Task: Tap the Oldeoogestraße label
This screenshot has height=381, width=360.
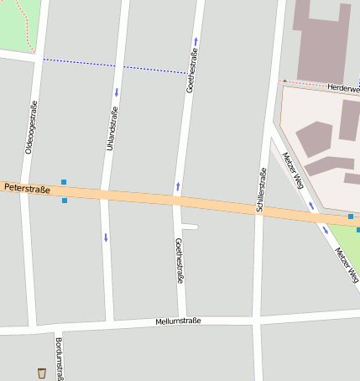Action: point(31,127)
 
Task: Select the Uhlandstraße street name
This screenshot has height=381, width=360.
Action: point(111,128)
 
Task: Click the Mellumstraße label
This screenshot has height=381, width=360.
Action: point(178,321)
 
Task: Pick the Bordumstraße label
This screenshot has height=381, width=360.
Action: point(59,358)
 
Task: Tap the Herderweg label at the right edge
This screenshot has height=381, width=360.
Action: point(344,87)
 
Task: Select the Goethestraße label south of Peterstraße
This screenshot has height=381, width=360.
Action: point(179,261)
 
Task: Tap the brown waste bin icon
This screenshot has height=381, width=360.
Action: point(41,373)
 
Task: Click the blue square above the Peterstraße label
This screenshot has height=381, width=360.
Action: point(64,181)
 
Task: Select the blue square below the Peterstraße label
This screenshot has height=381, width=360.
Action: point(65,201)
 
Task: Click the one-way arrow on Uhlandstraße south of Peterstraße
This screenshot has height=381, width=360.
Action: point(106,237)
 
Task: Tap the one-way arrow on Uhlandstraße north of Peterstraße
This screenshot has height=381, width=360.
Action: point(116,91)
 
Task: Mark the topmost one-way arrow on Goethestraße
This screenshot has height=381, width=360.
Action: point(196,40)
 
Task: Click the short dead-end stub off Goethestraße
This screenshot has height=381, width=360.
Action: point(190,227)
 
